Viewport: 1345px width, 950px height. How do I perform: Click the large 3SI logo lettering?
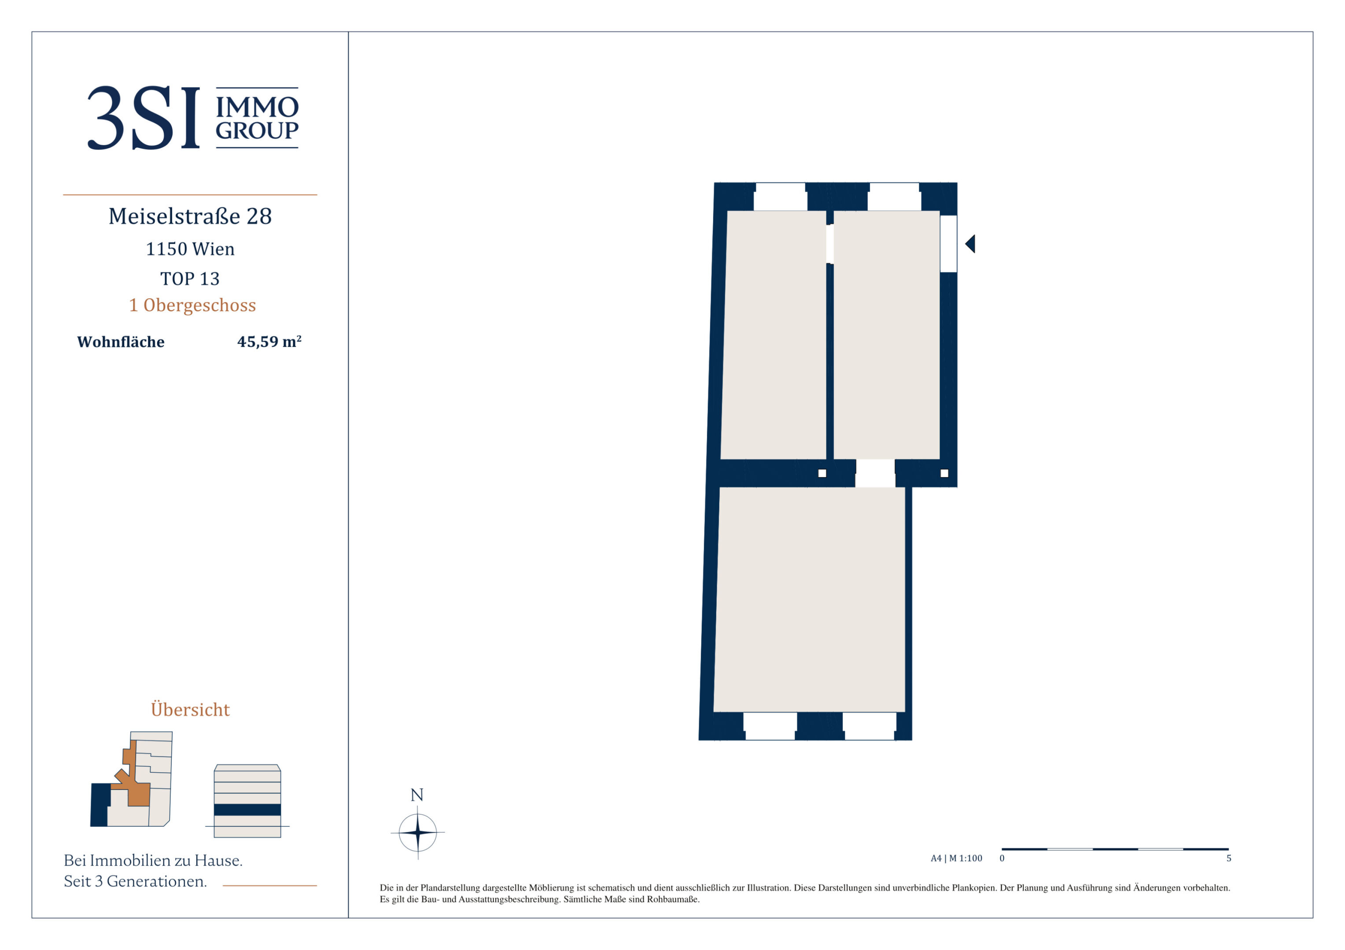(x=144, y=118)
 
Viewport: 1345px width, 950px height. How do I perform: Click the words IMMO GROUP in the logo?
(x=257, y=118)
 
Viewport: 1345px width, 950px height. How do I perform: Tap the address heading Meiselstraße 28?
(x=190, y=216)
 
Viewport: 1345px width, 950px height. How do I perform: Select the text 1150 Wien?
(x=190, y=249)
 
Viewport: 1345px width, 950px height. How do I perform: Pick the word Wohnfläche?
(x=121, y=342)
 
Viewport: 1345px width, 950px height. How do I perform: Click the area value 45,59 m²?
(x=269, y=342)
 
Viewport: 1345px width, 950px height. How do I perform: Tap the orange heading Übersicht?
(x=190, y=709)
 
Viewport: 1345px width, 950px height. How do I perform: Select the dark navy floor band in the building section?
(x=247, y=810)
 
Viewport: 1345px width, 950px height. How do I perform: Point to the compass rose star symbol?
(x=418, y=832)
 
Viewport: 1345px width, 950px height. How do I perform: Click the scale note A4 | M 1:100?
(x=957, y=859)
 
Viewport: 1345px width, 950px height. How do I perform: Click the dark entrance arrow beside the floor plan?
(x=970, y=244)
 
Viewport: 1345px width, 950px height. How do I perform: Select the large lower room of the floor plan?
(x=810, y=600)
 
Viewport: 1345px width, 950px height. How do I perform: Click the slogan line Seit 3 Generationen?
(x=135, y=881)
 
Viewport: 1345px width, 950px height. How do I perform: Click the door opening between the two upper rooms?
(x=829, y=244)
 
